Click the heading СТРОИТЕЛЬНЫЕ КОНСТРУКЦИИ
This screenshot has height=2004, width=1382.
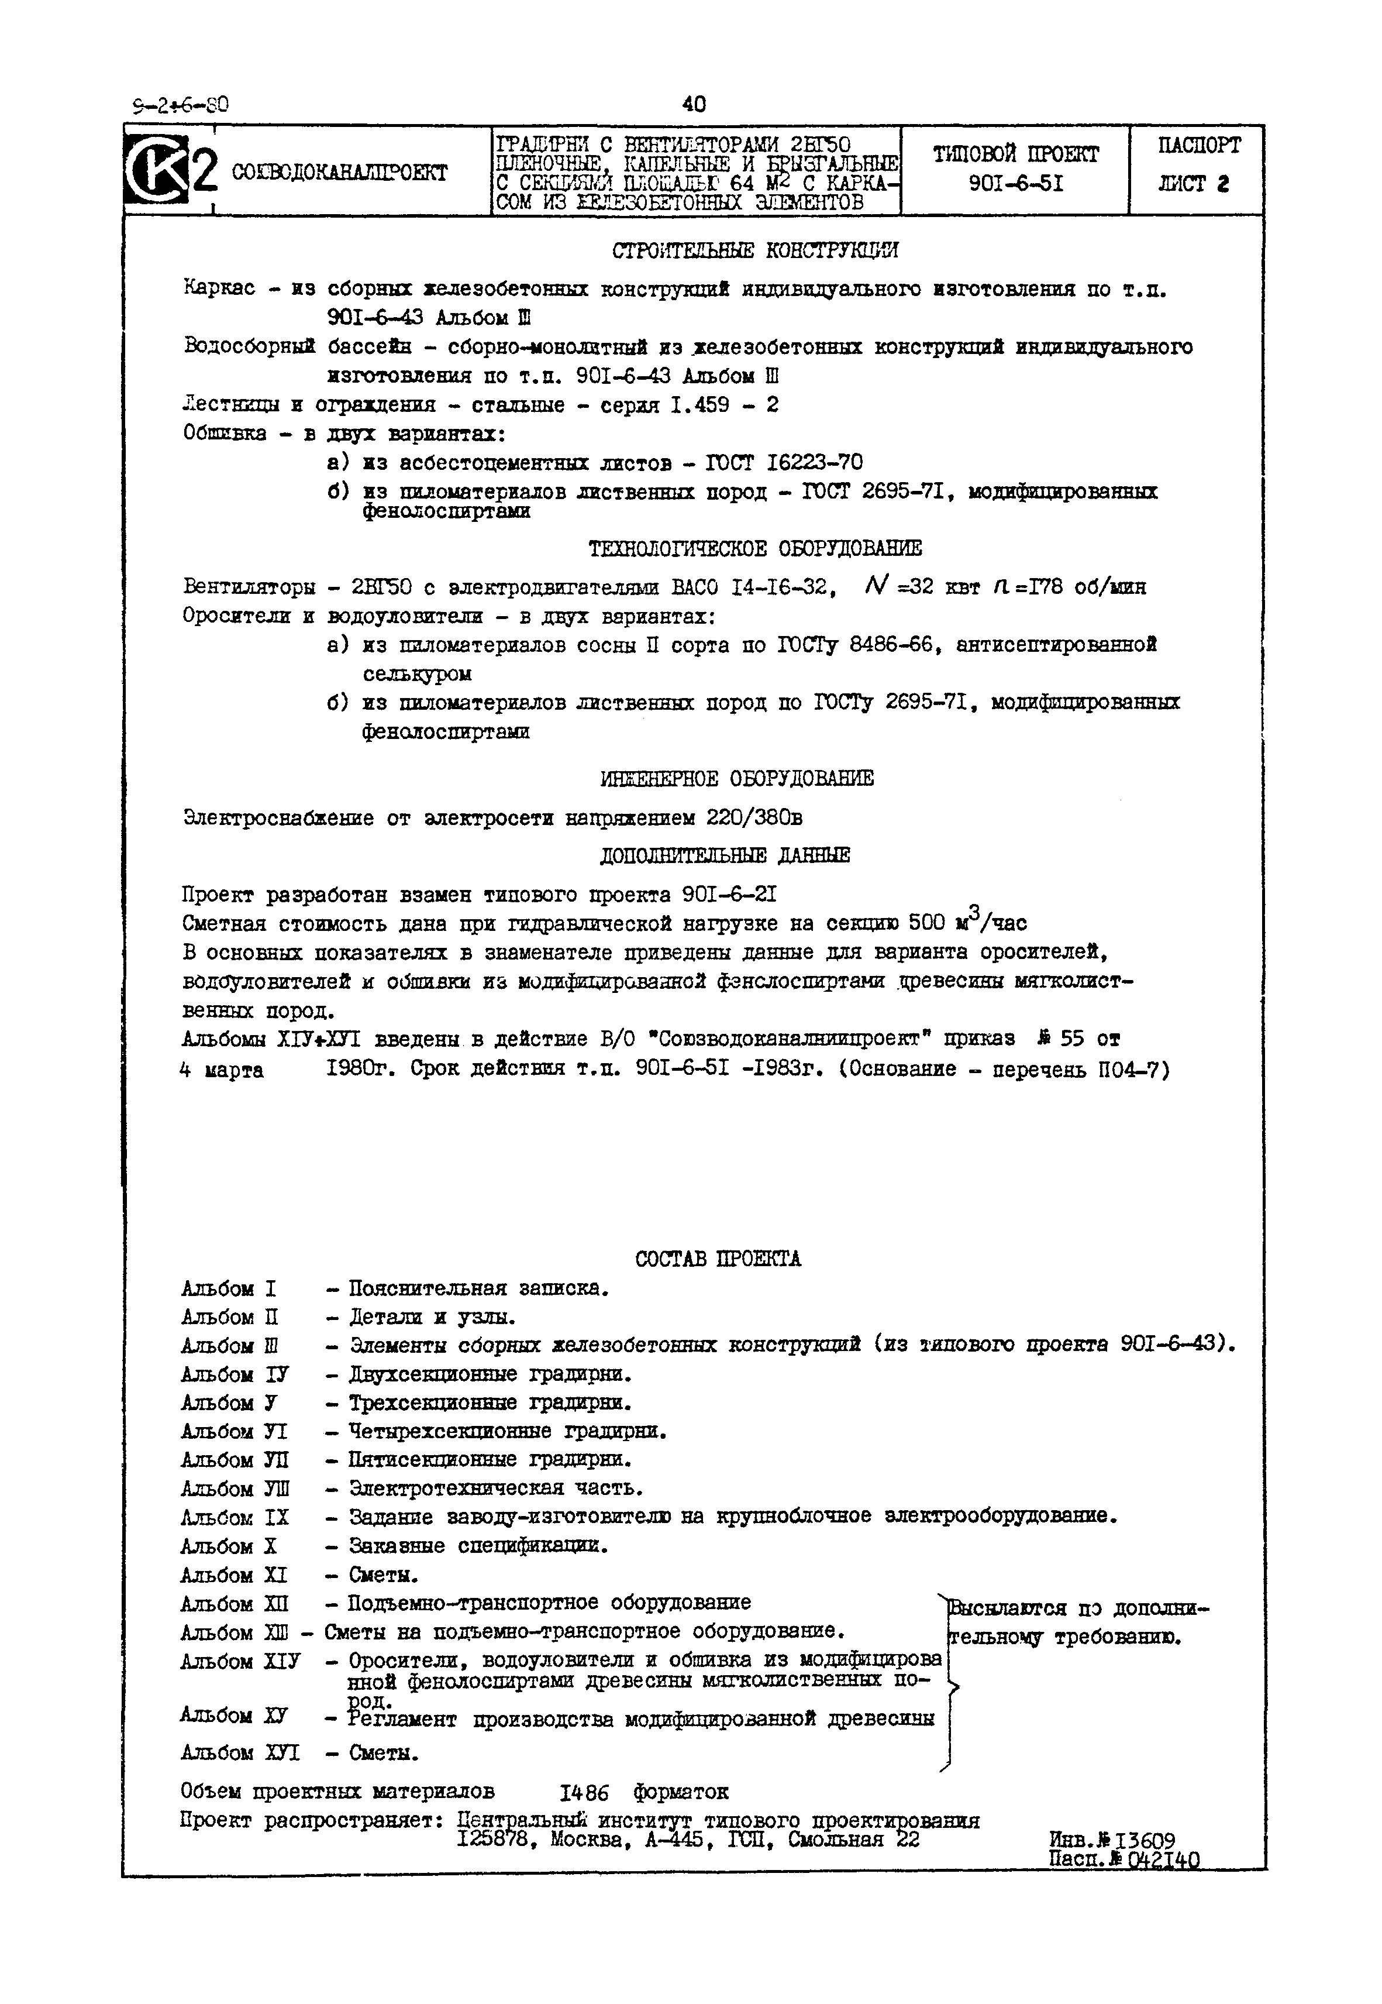[x=755, y=251]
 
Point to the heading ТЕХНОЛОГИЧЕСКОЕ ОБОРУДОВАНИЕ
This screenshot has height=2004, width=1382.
[x=755, y=549]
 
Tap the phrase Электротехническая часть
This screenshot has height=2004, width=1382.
[x=495, y=1489]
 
